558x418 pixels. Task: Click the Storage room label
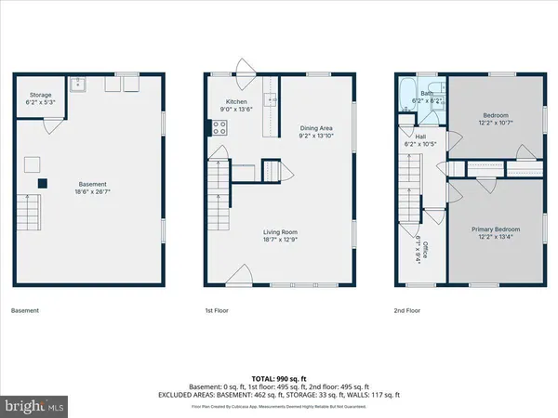pos(40,94)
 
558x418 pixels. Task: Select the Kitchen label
pos(235,102)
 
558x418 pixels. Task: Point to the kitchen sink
pos(272,98)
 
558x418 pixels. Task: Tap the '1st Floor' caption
pos(217,310)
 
